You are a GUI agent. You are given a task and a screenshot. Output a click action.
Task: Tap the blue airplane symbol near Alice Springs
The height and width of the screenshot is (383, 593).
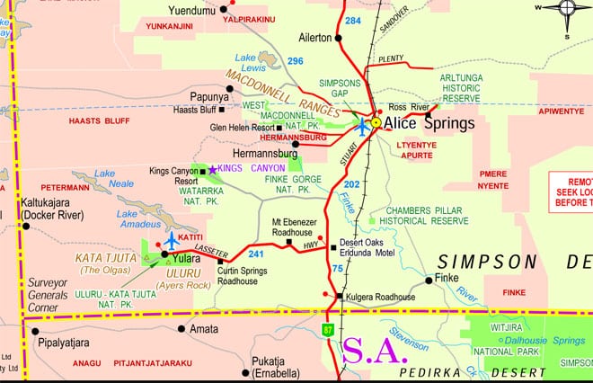coord(362,126)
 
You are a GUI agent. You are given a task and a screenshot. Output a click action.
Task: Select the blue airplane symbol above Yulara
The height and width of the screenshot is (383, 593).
coord(171,240)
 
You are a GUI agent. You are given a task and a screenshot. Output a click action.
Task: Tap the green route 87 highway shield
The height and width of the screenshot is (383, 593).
coord(329,331)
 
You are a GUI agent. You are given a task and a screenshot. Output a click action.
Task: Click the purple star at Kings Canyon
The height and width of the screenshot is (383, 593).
coord(212,168)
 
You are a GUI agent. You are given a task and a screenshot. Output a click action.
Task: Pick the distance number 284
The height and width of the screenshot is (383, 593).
coord(352,20)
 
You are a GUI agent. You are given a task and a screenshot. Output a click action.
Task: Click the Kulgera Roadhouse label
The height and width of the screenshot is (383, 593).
coord(381,296)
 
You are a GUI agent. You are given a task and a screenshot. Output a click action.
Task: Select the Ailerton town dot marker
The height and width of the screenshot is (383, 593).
coord(340,38)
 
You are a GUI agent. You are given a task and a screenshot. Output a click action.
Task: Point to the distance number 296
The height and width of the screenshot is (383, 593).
coord(296,60)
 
